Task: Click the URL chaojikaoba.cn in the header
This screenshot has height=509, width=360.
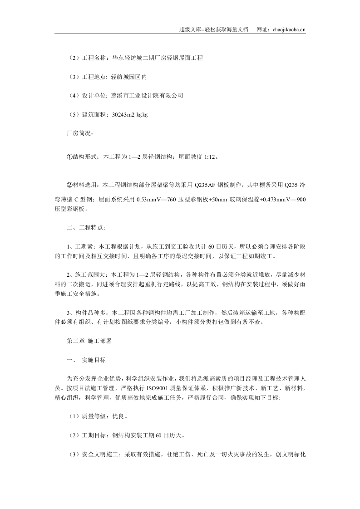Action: click(284, 29)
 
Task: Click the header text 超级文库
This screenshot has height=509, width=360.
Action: click(190, 29)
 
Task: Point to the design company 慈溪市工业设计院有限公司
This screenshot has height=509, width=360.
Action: click(147, 96)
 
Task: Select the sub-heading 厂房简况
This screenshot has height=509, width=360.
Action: click(80, 133)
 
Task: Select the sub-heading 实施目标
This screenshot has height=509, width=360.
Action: click(94, 360)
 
